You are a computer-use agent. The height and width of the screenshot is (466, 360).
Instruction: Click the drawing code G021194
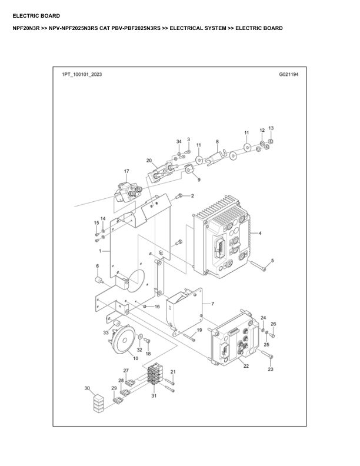point(288,76)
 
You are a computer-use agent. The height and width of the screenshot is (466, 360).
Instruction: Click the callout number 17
point(126,171)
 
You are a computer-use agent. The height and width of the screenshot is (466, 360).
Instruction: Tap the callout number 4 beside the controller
point(260,234)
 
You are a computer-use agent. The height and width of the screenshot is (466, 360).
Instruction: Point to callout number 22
point(246,366)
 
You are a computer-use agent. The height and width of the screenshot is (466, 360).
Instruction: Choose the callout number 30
point(87,388)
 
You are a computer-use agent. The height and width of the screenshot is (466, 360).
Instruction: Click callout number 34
point(179,142)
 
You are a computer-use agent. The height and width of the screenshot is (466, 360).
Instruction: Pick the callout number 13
point(271,128)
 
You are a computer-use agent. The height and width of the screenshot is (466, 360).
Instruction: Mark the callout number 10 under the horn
point(135,358)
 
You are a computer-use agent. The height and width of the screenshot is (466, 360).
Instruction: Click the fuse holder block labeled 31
point(155,376)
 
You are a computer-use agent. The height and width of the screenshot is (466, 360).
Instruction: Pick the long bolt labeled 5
point(259,267)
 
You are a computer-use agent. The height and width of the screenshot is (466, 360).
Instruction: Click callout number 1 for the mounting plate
point(101,251)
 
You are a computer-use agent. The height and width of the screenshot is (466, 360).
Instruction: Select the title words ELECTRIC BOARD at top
point(36,16)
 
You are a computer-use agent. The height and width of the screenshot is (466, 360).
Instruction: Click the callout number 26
point(273,324)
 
